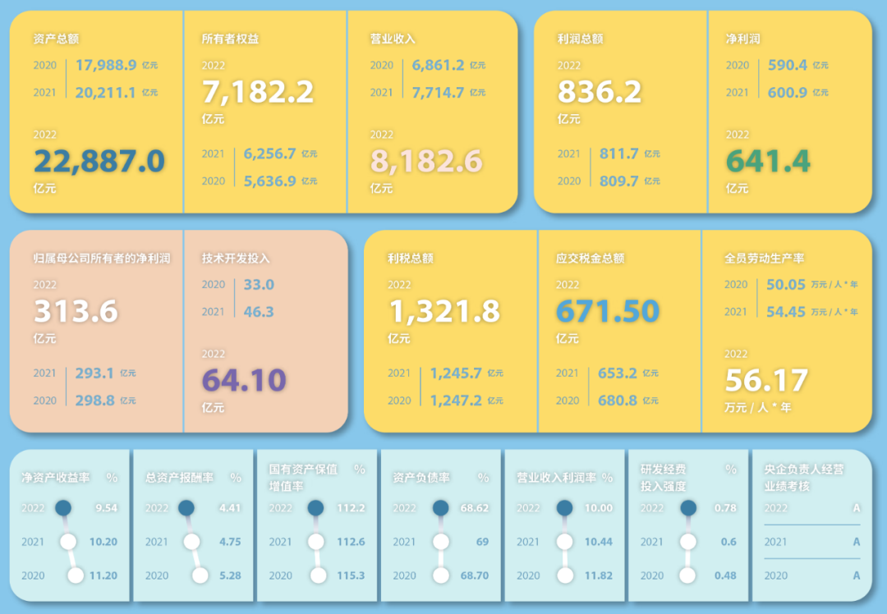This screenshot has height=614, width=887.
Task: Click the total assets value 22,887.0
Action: coord(99,161)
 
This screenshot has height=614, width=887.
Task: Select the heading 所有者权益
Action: coord(230,39)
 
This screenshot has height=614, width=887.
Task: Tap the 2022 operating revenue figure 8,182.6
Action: coord(426,161)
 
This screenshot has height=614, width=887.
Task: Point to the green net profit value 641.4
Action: coord(768,161)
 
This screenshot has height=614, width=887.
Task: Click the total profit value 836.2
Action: coord(599,92)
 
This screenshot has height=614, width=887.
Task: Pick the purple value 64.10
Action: coord(244,380)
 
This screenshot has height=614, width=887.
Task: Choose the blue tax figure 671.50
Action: coord(608,311)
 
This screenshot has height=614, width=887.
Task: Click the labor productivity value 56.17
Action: coord(766,380)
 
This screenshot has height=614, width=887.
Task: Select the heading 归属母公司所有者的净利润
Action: coord(102,259)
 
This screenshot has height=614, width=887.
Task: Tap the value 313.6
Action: coord(76,311)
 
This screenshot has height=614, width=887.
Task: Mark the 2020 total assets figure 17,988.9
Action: coord(106,65)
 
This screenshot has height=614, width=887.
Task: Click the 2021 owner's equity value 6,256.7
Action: coord(270,153)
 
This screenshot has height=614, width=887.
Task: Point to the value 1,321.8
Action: coord(444,311)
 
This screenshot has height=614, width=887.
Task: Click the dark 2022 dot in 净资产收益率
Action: coord(63,507)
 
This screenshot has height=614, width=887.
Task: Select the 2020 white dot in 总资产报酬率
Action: coord(200,575)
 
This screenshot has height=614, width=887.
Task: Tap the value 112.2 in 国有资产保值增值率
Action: coord(351,508)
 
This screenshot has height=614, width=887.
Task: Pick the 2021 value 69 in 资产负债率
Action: coord(482,542)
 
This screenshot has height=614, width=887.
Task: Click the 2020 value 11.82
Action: coord(599,575)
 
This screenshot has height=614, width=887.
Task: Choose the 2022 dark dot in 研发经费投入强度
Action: coord(688,507)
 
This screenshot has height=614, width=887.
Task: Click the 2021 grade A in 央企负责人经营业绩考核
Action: coord(857,542)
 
